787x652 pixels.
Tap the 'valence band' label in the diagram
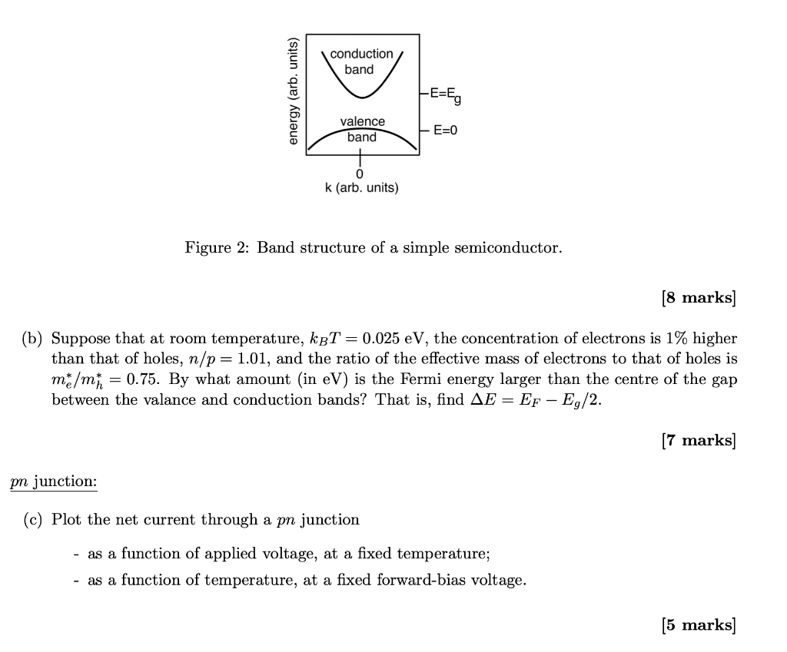click(x=362, y=129)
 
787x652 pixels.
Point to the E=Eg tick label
click(x=446, y=94)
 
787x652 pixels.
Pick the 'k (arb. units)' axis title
click(x=361, y=188)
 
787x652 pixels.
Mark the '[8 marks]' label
click(x=698, y=298)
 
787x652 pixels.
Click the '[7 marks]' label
click(x=698, y=440)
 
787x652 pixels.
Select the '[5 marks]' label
click(x=698, y=625)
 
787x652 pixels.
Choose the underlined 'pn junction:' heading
click(x=54, y=482)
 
